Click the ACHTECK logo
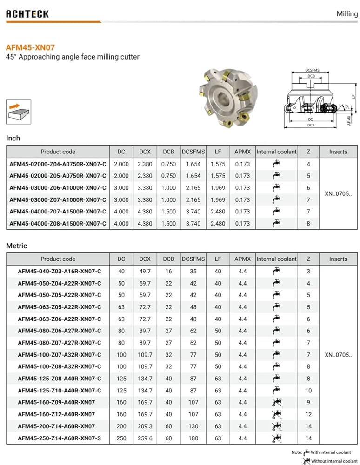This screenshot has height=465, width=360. tap(27, 14)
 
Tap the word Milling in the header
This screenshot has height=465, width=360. tap(347, 14)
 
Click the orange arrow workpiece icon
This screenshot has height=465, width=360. tap(19, 112)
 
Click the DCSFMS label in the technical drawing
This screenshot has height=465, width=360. tap(312, 70)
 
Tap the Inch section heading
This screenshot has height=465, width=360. tap(13, 138)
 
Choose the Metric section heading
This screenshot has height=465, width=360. tap(16, 246)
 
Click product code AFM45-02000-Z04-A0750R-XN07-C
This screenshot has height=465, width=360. tap(58, 164)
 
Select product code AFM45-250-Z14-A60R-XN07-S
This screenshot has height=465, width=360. tap(59, 438)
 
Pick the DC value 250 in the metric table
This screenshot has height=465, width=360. tap(121, 438)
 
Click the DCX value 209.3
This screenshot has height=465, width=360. tap(145, 426)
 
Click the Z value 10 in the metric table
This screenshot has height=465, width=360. tap(309, 391)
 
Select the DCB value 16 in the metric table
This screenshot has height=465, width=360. tap(168, 271)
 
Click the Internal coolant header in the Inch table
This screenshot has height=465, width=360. tap(276, 152)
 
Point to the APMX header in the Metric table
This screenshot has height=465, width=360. tap(242, 259)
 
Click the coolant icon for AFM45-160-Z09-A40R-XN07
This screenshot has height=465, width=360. tap(276, 402)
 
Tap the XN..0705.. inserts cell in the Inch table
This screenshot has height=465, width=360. tap(338, 193)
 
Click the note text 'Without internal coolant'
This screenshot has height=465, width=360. tap(334, 461)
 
